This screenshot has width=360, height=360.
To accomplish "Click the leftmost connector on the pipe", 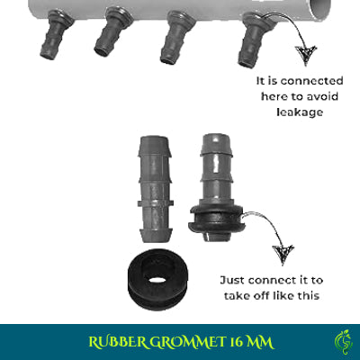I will click(52, 36).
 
